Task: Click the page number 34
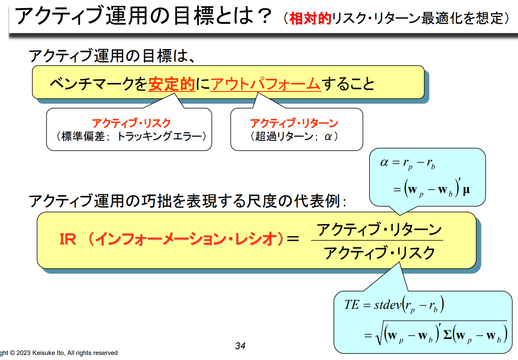[240, 346]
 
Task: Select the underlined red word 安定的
[172, 84]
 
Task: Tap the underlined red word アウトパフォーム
[266, 84]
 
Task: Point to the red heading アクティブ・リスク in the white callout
[131, 123]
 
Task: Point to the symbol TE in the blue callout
[351, 305]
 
